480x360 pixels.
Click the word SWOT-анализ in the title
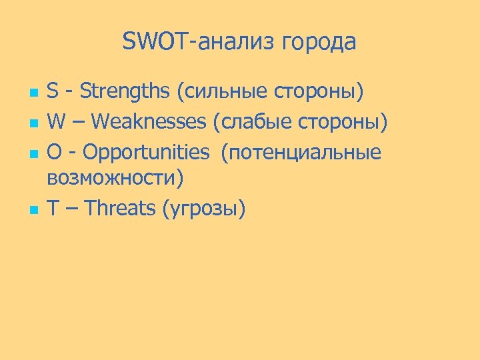[199, 42]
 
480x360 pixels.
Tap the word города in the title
[319, 43]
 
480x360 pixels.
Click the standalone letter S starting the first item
[53, 93]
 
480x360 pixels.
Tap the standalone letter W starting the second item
[57, 122]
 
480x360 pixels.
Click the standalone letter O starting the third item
[54, 151]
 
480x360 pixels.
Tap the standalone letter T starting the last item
[53, 209]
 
